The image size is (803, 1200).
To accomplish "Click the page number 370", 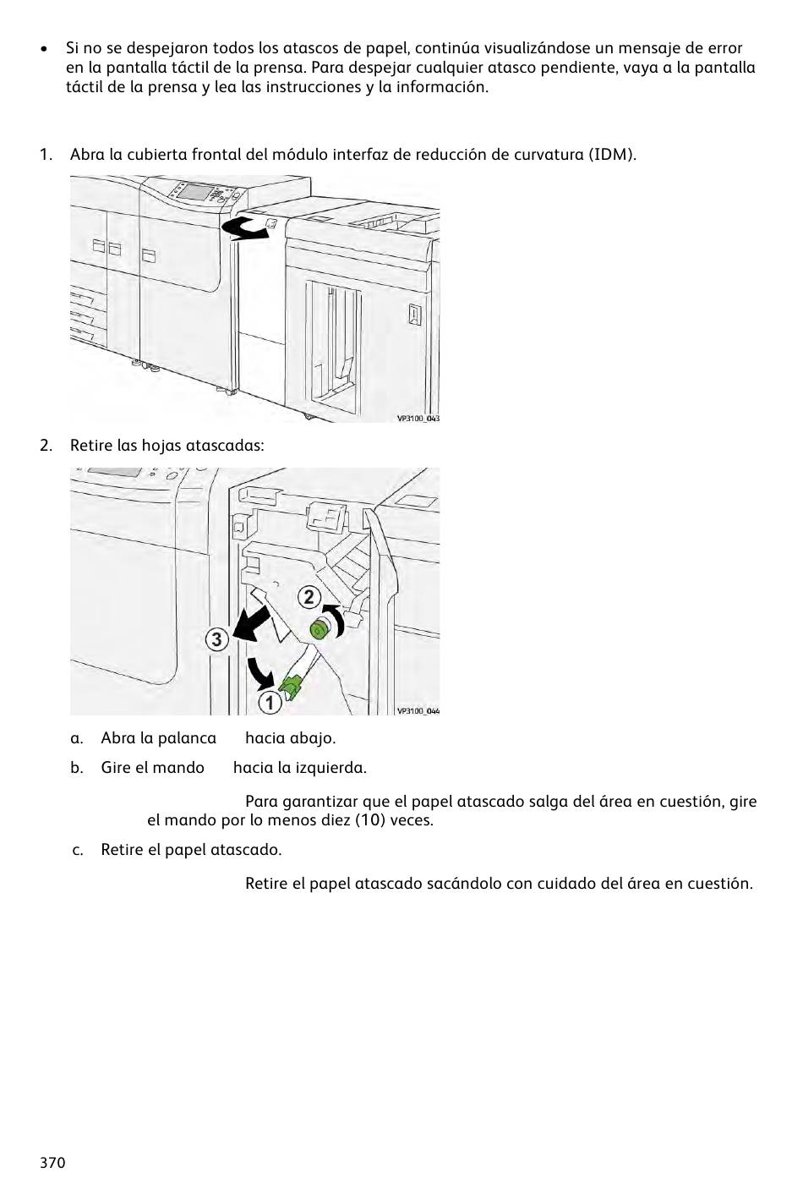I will tap(52, 1163).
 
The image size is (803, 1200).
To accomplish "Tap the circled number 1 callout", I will tap(270, 702).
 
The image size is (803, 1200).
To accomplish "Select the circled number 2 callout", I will tap(309, 597).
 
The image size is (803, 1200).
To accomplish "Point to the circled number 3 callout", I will tap(217, 639).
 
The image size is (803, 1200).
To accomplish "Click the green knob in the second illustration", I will tap(320, 628).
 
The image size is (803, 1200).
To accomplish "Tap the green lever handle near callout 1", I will tap(292, 688).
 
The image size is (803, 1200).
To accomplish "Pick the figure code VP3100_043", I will tap(418, 418).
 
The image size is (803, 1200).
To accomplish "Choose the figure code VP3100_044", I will tap(418, 711).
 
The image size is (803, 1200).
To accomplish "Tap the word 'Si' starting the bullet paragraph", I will tap(73, 48).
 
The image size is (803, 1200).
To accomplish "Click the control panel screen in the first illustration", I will tap(194, 191).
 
